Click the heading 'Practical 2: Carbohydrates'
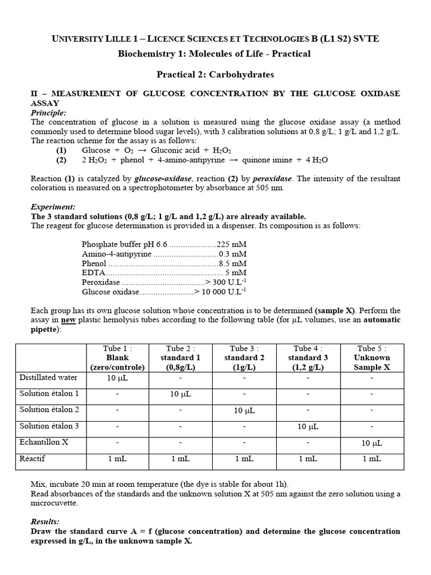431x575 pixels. (x=215, y=74)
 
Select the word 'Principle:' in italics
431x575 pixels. (x=48, y=113)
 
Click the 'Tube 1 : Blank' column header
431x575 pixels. (x=117, y=358)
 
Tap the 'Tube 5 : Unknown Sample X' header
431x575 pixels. (x=371, y=358)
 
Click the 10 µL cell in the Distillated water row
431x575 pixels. (x=117, y=378)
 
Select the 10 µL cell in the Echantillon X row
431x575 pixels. (x=371, y=443)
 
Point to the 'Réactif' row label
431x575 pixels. (x=33, y=459)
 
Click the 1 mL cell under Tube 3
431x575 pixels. (x=244, y=459)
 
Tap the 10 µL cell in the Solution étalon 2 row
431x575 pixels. (x=244, y=410)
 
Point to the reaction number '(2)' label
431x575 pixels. (x=61, y=160)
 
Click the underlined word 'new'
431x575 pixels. (x=68, y=320)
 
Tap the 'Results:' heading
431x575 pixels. (x=45, y=522)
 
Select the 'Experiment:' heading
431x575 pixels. (x=52, y=207)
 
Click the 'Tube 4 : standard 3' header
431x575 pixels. (x=308, y=358)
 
